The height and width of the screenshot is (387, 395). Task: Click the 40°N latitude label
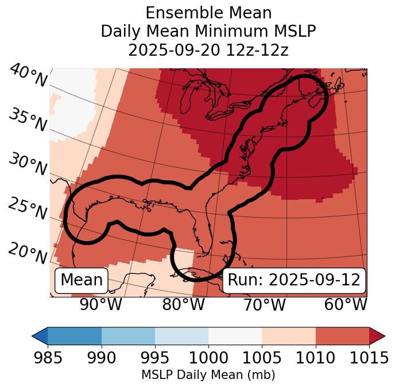[x=27, y=77]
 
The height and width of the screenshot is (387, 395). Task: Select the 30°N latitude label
[x=27, y=165]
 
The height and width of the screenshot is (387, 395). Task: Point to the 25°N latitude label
[x=27, y=209]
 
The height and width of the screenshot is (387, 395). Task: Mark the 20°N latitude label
[x=27, y=253]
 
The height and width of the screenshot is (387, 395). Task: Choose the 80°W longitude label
[x=183, y=305]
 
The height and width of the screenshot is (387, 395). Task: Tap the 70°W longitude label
[x=264, y=305]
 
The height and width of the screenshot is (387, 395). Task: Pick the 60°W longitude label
[x=345, y=305]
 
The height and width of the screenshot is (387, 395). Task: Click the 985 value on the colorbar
[x=48, y=358]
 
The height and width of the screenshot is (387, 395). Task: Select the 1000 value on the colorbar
[x=208, y=358]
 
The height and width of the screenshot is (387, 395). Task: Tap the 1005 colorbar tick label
[x=262, y=358]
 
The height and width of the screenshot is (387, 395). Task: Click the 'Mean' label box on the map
[x=82, y=280]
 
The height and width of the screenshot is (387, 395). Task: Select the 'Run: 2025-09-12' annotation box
[x=294, y=280]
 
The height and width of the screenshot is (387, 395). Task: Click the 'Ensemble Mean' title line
[x=208, y=13]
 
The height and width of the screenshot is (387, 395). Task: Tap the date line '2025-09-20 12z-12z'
[x=208, y=50]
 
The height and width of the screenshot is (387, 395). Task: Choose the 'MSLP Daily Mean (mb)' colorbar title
[x=208, y=376]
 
